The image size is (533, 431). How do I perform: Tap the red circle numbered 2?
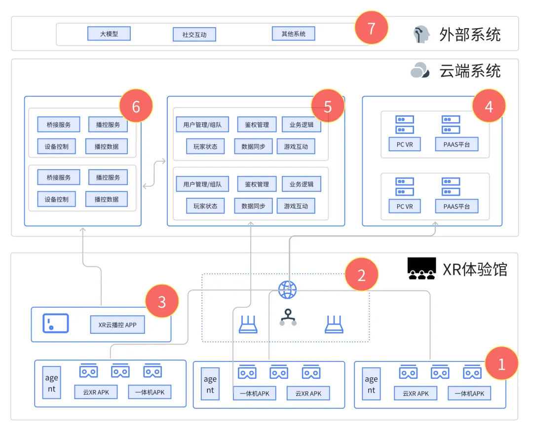[361, 275]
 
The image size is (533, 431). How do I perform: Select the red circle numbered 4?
[489, 106]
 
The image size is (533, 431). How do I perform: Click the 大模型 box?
[109, 34]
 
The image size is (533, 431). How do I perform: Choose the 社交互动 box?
[194, 35]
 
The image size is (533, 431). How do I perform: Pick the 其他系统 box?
[293, 34]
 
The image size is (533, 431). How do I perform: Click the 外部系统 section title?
[470, 35]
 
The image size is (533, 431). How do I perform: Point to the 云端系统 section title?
[470, 71]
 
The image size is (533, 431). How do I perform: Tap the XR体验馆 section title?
[474, 269]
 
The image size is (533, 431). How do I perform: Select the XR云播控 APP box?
[117, 324]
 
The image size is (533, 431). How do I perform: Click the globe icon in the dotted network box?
[287, 290]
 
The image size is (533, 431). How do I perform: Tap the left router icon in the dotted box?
[248, 324]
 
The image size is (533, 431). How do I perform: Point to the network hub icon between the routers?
[288, 318]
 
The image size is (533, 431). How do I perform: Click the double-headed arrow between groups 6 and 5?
[154, 173]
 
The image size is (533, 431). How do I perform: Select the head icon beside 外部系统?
[421, 34]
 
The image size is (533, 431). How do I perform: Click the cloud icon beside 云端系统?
[420, 71]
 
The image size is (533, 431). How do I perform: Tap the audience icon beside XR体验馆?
[421, 269]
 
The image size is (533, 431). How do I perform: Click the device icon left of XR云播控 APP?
[55, 323]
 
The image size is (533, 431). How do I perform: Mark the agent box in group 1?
[371, 385]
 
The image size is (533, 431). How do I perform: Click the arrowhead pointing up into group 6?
[83, 229]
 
